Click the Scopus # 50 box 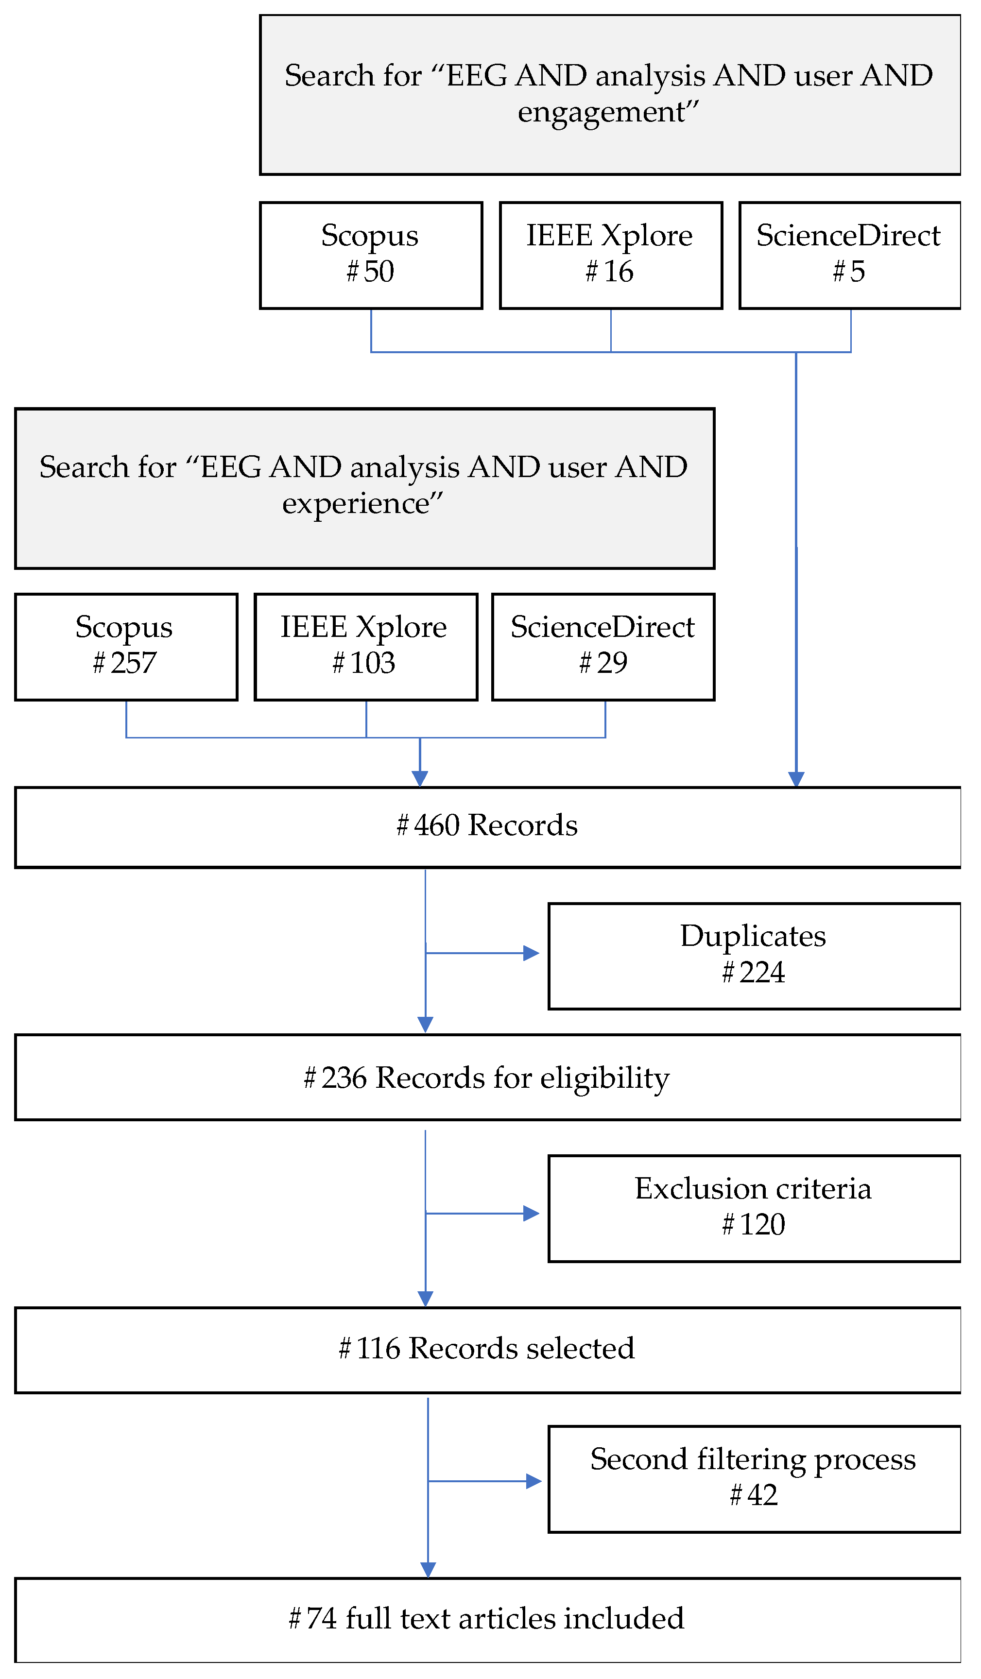[x=371, y=255]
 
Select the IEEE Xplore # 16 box [x=610, y=255]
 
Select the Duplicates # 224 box [x=754, y=957]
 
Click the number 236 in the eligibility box [x=344, y=1078]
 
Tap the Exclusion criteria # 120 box [x=754, y=1209]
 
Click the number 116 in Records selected [x=378, y=1349]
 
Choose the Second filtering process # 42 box [x=754, y=1480]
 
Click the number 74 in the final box [x=321, y=1619]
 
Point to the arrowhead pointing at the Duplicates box [x=531, y=954]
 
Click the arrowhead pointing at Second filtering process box [x=533, y=1481]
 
